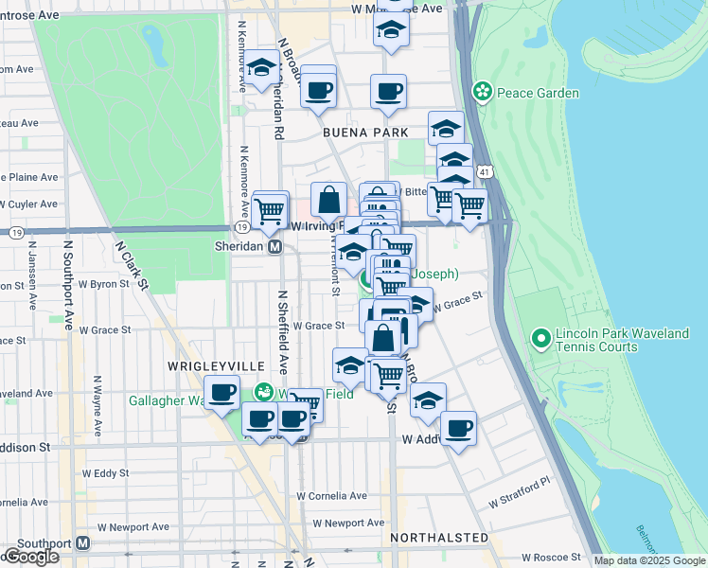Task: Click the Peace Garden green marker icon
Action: click(483, 92)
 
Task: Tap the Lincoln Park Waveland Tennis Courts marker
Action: click(540, 337)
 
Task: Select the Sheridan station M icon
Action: click(275, 246)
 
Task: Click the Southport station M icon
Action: click(83, 543)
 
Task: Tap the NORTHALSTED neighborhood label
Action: click(438, 538)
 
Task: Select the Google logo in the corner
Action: click(31, 557)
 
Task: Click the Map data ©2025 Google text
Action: click(648, 560)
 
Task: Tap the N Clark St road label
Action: click(133, 264)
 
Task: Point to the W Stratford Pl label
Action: click(519, 492)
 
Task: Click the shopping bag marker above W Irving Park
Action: click(328, 199)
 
